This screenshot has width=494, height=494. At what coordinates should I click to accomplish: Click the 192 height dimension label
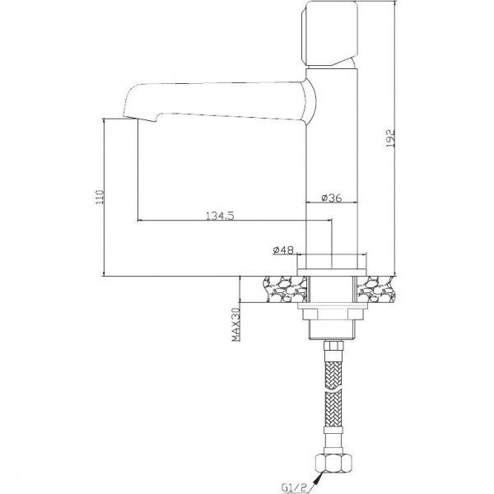(x=390, y=138)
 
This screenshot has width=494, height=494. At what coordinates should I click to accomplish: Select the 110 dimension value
(x=100, y=197)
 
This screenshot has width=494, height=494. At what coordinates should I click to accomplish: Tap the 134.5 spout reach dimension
(x=220, y=216)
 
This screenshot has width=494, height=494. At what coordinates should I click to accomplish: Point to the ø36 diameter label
(x=332, y=198)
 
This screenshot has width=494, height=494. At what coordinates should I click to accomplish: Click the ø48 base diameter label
(x=283, y=249)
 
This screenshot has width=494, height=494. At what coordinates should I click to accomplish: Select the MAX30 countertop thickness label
(x=236, y=324)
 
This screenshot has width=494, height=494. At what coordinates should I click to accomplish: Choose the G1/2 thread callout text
(x=294, y=488)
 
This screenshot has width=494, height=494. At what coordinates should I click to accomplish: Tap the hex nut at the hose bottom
(x=333, y=463)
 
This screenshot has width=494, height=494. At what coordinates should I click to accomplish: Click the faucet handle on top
(x=329, y=34)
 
